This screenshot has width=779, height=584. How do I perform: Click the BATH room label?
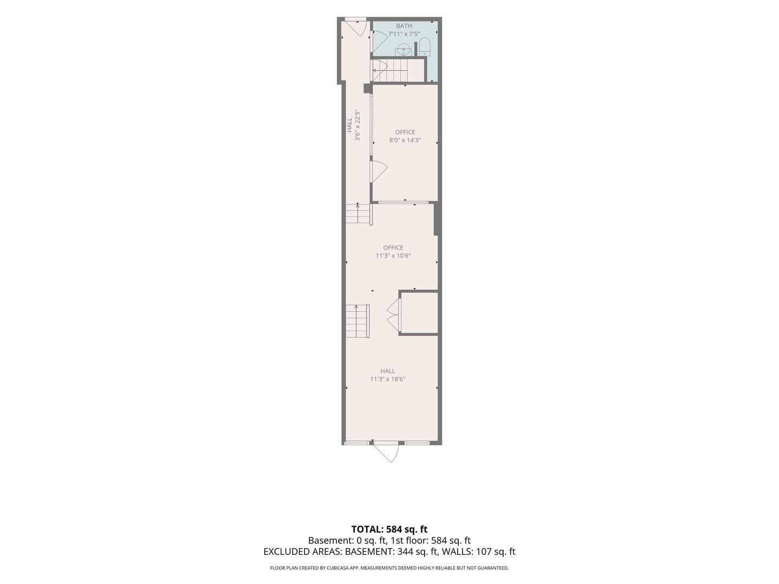click(404, 26)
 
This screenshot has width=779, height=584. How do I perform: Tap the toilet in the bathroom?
click(425, 47)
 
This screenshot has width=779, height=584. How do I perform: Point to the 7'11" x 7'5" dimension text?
click(404, 34)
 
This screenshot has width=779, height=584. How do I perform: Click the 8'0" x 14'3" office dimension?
click(405, 140)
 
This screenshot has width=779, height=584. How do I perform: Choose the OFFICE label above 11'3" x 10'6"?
click(393, 248)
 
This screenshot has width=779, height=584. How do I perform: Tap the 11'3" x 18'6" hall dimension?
click(387, 379)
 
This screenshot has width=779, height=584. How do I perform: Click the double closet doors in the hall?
click(393, 314)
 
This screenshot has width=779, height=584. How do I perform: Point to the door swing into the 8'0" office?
click(379, 172)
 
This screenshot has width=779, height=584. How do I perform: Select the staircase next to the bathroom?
click(398, 70)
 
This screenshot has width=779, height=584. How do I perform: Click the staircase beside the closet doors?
click(358, 321)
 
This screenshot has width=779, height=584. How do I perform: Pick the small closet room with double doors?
click(419, 313)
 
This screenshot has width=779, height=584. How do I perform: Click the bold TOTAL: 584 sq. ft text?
click(389, 529)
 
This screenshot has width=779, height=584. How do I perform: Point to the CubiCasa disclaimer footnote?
click(389, 568)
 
